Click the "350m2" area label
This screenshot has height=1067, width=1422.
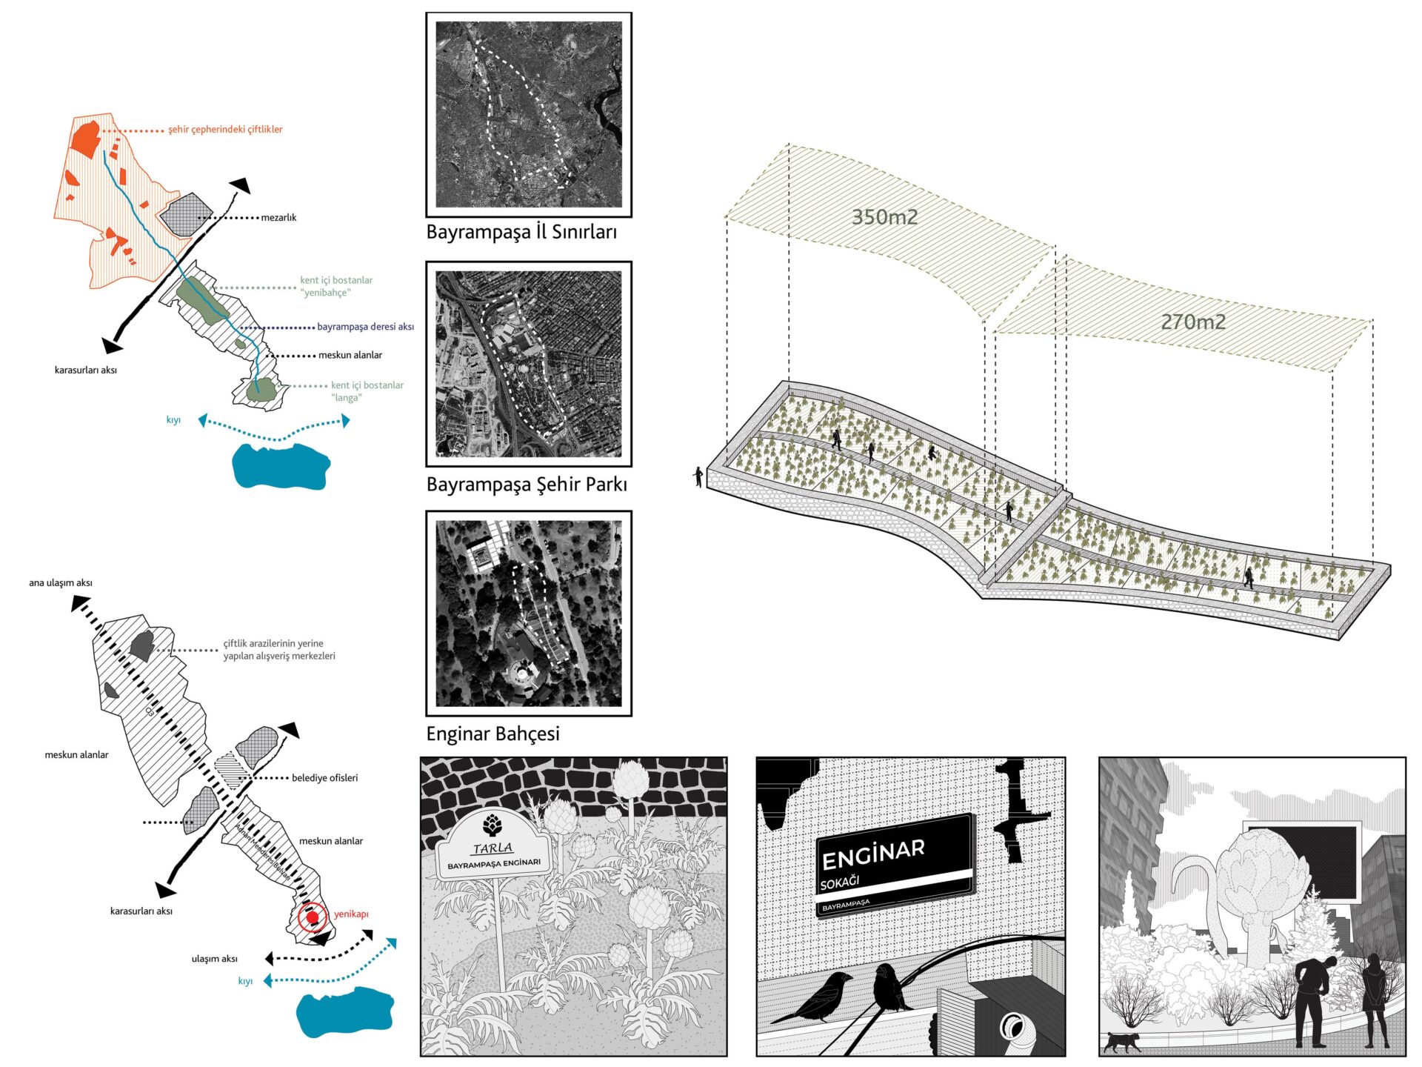coord(884,217)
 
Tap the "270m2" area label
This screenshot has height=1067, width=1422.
coord(1192,322)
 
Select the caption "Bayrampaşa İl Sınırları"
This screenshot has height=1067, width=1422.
coord(521,232)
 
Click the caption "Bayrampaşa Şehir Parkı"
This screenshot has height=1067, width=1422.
coord(527,485)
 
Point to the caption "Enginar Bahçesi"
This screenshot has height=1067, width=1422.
coord(493,734)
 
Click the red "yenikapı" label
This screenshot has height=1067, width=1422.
coord(351,914)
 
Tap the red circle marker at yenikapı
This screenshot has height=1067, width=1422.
coord(312,917)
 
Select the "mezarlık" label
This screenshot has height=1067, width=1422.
coord(278,217)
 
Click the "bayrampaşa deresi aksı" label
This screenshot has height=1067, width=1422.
coord(365,326)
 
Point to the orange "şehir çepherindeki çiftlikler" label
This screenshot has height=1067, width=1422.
coord(225,129)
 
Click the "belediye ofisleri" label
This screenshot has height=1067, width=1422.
coord(324,777)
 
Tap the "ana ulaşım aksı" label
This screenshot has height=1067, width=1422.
coord(61,582)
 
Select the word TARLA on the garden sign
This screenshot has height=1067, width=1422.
coord(493,848)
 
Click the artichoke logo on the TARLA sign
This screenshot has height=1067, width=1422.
coord(492,825)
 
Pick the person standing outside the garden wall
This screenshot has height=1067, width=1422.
coord(698,476)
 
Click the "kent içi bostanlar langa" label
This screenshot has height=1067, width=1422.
coord(367,391)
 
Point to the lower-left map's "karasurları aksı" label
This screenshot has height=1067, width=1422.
coord(141,911)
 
